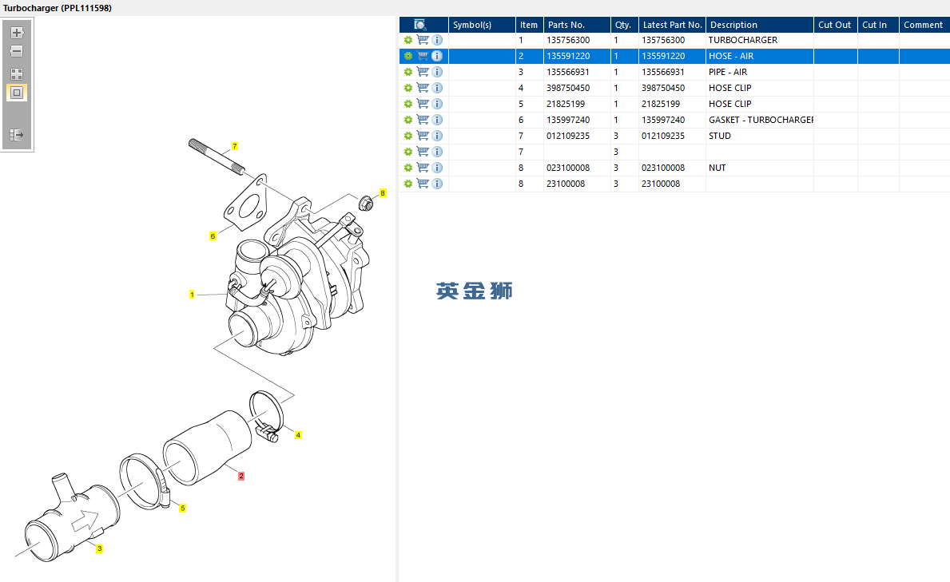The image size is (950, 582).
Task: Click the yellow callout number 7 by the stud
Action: (x=235, y=146)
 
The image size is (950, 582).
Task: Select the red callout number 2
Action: (x=240, y=476)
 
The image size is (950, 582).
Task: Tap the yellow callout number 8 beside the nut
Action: (x=383, y=193)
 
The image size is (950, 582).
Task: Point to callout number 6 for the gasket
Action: (x=213, y=236)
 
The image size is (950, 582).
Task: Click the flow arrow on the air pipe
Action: (x=82, y=522)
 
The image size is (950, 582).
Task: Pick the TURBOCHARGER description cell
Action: (x=742, y=40)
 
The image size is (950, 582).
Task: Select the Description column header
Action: (x=733, y=25)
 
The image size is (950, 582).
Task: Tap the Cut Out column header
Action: (x=834, y=25)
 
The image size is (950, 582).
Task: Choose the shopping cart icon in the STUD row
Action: (x=423, y=136)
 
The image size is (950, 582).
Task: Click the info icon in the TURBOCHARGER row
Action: (x=437, y=40)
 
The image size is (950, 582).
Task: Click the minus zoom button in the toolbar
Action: (x=17, y=51)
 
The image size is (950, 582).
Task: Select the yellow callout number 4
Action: (x=298, y=435)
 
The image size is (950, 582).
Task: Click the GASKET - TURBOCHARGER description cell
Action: (x=760, y=120)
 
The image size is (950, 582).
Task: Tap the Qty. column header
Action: (x=622, y=25)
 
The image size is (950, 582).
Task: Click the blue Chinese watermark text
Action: (x=474, y=291)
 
